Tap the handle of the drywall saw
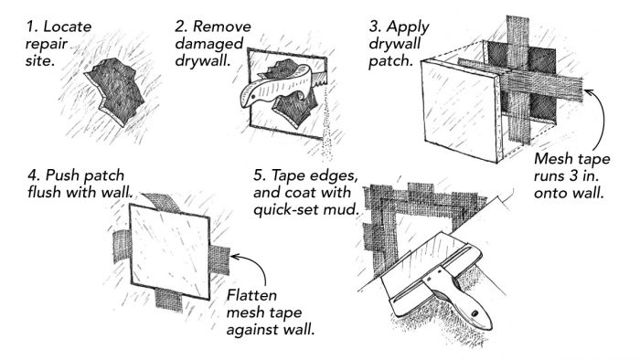(x=270, y=88)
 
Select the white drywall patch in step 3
(x=461, y=110)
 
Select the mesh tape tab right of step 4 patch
(x=219, y=259)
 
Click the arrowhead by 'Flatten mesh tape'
(x=235, y=257)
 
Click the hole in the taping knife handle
(x=475, y=313)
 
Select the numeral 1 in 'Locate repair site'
(x=30, y=26)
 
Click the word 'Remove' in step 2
(x=221, y=26)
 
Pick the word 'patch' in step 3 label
(x=391, y=61)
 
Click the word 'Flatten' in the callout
(x=251, y=295)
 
